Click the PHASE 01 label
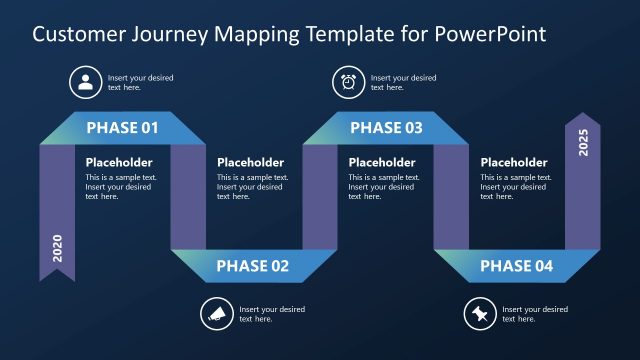point(122,128)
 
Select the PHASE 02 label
point(253,266)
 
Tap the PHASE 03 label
point(386,128)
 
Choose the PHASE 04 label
point(516,266)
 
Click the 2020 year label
point(57,248)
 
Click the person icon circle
point(85,82)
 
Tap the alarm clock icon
point(349,82)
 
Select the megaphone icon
point(216,314)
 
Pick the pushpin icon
point(480,314)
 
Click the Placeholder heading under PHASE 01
point(119,162)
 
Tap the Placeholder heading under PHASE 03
point(382,162)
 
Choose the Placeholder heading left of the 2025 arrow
point(514,162)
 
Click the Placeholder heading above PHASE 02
point(250,162)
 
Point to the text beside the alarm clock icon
point(403,82)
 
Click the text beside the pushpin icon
point(534,314)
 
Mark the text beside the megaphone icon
point(271,314)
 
